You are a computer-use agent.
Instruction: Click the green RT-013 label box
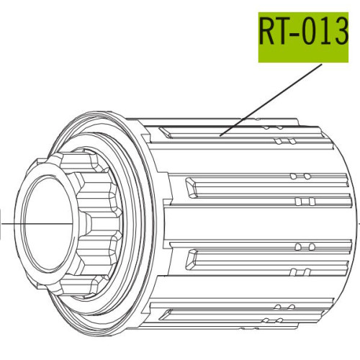(303, 37)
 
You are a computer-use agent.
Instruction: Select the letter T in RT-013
(284, 32)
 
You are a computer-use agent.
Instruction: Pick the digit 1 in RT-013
(326, 32)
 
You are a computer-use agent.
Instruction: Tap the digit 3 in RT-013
(341, 32)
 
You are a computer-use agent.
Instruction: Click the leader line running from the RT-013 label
(271, 100)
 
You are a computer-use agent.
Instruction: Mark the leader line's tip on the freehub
(220, 136)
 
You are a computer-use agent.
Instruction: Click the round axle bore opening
(48, 224)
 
